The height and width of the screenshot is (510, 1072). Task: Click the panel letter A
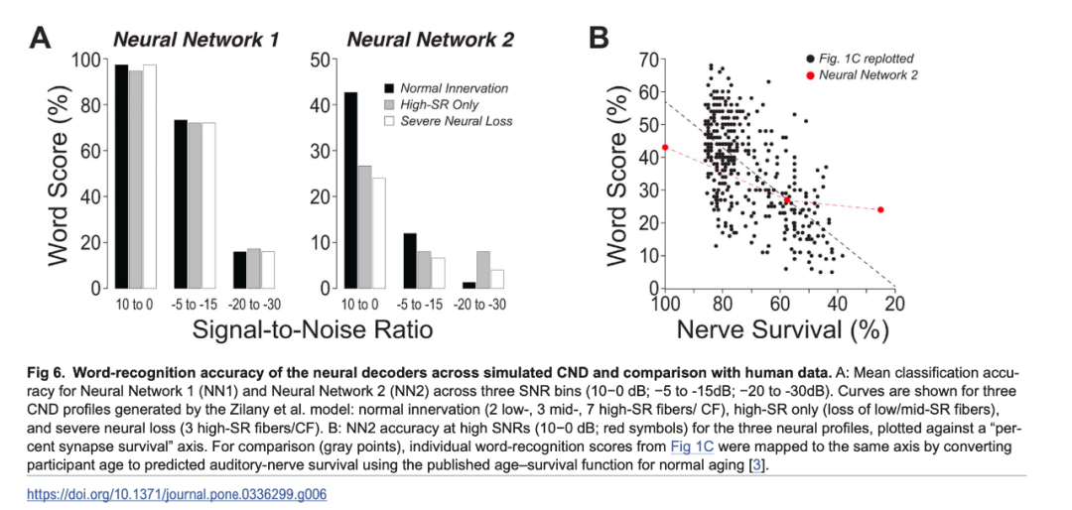(x=41, y=39)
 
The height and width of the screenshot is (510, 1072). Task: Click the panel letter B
(x=599, y=39)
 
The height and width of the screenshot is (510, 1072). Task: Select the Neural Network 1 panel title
(x=195, y=41)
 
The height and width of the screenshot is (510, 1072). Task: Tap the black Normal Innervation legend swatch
(x=390, y=88)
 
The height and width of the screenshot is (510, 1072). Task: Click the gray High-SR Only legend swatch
(x=390, y=104)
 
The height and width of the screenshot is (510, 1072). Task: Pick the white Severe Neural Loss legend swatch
(x=390, y=121)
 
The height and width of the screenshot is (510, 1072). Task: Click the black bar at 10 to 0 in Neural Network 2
(x=349, y=190)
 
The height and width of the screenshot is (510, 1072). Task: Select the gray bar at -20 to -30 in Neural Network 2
(x=482, y=269)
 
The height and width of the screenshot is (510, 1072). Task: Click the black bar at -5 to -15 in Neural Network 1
(x=181, y=203)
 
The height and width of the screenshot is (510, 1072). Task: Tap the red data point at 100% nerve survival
(x=665, y=147)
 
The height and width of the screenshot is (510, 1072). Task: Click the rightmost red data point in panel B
(x=880, y=209)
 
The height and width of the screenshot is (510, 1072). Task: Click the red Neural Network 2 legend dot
(x=810, y=75)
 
